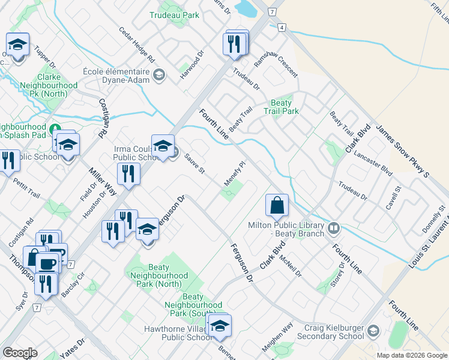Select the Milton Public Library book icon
[334, 227]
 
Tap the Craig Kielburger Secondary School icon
[373, 332]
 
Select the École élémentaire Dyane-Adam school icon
[159, 75]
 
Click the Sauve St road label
[195, 163]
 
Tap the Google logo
[20, 353]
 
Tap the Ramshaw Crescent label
[276, 62]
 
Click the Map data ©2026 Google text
[412, 355]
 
